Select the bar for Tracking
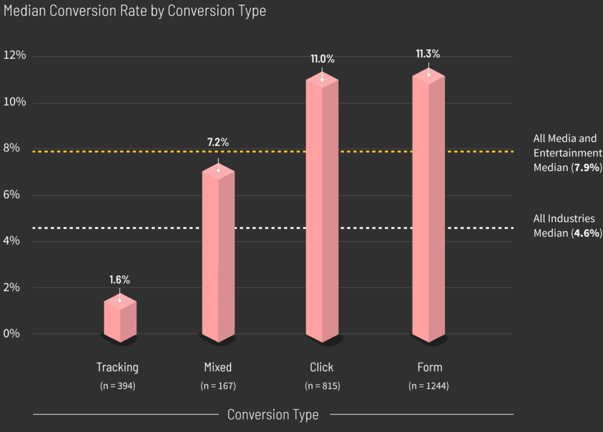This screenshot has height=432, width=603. (120, 319)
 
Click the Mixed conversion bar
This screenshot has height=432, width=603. (218, 253)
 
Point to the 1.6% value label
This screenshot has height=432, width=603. (119, 280)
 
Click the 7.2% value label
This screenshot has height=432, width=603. (218, 143)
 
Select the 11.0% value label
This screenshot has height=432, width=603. (322, 59)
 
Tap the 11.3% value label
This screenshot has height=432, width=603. (428, 54)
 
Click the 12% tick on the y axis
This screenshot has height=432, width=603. (15, 55)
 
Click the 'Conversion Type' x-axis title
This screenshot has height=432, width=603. (273, 415)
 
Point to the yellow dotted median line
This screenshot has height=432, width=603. (271, 151)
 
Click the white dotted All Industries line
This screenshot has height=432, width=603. (271, 228)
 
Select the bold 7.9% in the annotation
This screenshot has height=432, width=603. (587, 167)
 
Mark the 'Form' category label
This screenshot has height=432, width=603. (429, 367)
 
